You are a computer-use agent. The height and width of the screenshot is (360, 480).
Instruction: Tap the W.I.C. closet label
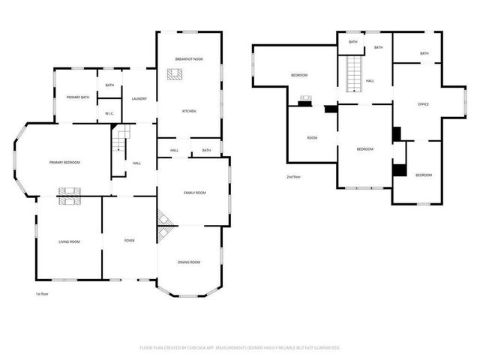point(109,114)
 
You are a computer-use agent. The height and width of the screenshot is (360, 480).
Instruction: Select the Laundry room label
point(139,98)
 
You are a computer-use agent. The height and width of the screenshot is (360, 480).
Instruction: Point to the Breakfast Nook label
point(189,59)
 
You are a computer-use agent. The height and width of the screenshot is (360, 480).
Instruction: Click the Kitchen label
point(189,111)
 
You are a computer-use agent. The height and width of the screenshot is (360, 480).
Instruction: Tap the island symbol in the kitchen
point(175,73)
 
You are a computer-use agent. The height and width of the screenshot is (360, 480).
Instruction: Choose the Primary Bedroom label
point(64,163)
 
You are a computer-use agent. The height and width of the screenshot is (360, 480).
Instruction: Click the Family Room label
point(195,193)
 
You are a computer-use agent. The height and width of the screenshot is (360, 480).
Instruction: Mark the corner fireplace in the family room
point(164,218)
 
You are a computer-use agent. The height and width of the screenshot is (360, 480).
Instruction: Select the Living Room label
point(69,241)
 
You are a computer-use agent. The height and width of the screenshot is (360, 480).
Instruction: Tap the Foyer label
point(129,241)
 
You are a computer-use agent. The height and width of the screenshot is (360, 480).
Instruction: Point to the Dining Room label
point(189,262)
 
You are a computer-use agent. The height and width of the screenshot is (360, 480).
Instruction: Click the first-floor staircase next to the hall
point(120,140)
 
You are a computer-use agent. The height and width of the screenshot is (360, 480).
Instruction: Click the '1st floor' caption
point(43,294)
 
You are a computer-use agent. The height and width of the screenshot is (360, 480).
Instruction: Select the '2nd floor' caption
point(293,176)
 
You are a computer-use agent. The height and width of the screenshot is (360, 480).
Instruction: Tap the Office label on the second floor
point(423,104)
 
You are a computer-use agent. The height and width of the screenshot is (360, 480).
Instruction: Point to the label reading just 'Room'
point(312,137)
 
